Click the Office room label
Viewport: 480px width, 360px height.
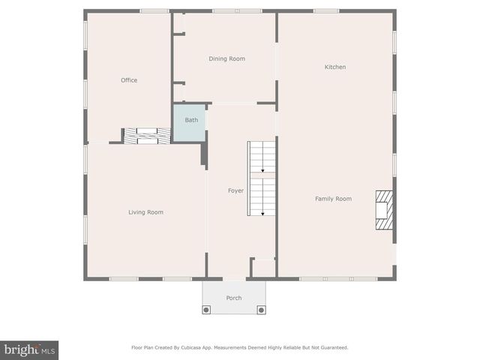(x=129, y=80)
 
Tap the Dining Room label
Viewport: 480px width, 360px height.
(x=226, y=58)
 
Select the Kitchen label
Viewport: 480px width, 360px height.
(x=334, y=67)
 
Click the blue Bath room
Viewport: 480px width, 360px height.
(x=190, y=121)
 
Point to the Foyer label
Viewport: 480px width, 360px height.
(x=235, y=190)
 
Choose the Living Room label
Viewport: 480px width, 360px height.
(x=145, y=212)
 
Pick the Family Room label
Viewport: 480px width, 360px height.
(x=333, y=199)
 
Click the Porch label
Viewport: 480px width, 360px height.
(x=234, y=298)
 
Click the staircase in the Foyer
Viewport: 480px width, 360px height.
(x=262, y=178)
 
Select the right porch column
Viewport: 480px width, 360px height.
(x=261, y=309)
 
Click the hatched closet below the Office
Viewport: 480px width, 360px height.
(x=147, y=136)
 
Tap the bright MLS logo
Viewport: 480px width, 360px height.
(x=29, y=349)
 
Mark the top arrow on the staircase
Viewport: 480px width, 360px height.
(x=262, y=171)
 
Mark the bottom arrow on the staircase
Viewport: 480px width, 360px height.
(x=262, y=213)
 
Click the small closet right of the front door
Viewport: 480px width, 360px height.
(x=263, y=268)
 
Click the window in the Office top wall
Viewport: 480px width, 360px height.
(x=154, y=11)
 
